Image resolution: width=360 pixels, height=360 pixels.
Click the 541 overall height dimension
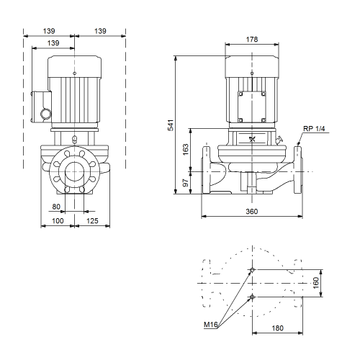click(x=171, y=125)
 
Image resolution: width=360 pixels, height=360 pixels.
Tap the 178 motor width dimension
click(x=252, y=40)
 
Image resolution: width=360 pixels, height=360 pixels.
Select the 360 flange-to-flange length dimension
click(x=252, y=212)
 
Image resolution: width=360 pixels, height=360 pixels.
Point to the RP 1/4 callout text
click(x=314, y=129)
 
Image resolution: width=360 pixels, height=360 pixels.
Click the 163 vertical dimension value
click(x=186, y=150)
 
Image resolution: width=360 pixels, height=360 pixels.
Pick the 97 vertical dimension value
click(x=186, y=183)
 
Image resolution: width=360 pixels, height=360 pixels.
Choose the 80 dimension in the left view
click(x=56, y=207)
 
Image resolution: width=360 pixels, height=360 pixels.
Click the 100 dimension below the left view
click(x=58, y=221)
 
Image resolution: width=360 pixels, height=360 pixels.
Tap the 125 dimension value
click(x=92, y=221)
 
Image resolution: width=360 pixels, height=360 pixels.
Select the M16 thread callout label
click(x=210, y=325)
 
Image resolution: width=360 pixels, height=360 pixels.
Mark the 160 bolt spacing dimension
click(x=316, y=283)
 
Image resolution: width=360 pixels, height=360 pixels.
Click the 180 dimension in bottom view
click(x=277, y=328)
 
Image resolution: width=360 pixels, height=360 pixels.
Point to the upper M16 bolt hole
click(x=252, y=270)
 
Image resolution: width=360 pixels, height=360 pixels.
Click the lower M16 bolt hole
click(x=252, y=297)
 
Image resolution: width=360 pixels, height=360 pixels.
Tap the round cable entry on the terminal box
click(x=45, y=114)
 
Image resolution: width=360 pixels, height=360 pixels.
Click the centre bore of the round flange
click(x=75, y=171)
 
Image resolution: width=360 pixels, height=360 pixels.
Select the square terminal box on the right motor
click(x=252, y=107)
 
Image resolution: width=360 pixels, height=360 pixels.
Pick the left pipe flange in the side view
click(x=207, y=169)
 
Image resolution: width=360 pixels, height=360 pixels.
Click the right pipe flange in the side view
click(x=298, y=169)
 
